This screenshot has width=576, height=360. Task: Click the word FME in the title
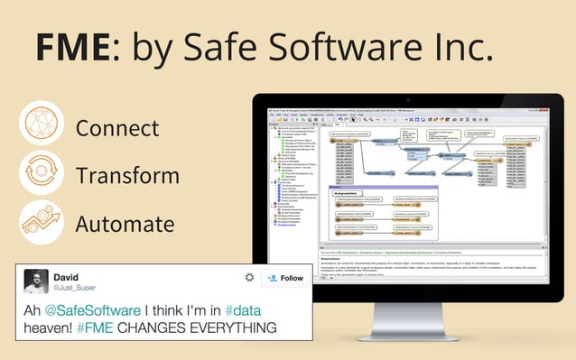71,46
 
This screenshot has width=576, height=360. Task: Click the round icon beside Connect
41,125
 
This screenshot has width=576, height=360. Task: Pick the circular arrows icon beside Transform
41,174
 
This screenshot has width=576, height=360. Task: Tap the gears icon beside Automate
41,223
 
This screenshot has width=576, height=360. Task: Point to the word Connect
117,127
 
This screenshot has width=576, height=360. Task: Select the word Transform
126,175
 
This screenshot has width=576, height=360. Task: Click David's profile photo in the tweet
36,281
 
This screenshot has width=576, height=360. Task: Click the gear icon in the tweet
249,278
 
